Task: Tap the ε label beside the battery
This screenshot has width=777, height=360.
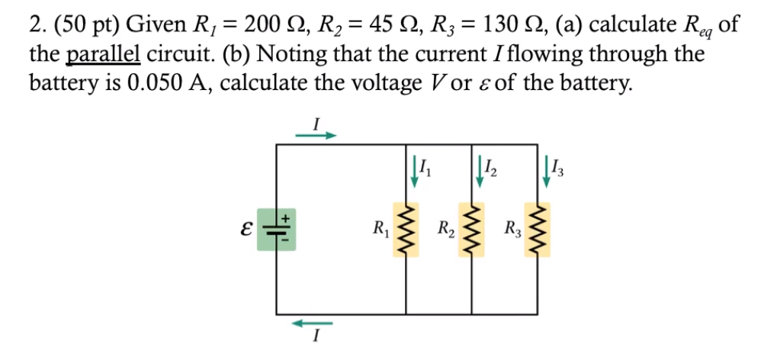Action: [x=243, y=227]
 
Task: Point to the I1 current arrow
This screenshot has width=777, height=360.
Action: [x=415, y=173]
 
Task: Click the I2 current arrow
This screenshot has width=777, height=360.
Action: [x=480, y=173]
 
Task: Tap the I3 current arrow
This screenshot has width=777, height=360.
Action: [x=547, y=173]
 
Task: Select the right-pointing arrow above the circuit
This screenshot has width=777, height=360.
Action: [x=315, y=137]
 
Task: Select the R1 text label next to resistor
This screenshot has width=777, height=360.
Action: [x=378, y=227]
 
